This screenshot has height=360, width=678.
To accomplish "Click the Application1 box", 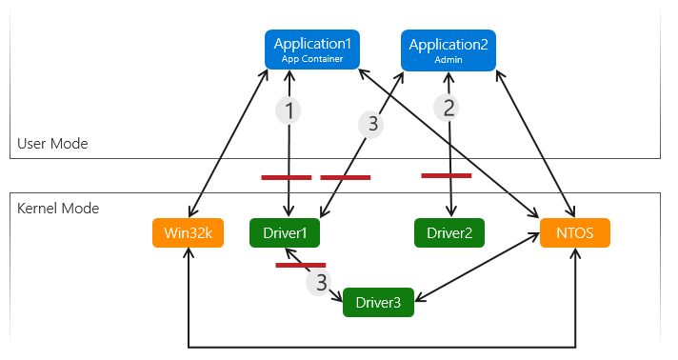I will [312, 50].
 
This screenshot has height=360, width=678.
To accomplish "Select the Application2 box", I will [448, 50].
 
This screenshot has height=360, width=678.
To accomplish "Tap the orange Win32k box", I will [188, 232].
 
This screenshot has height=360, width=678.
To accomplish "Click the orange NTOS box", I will [574, 232].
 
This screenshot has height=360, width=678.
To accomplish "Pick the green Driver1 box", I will [285, 232].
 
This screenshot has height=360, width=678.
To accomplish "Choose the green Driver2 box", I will [449, 232].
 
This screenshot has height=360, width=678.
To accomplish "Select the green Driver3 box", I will [378, 302].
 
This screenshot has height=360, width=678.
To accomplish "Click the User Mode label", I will [52, 144].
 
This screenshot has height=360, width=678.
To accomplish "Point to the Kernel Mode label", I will [58, 207].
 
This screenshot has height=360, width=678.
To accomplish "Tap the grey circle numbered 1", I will [288, 110].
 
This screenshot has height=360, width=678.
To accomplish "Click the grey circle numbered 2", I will [449, 108].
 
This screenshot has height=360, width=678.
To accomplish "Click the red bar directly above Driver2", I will [446, 175].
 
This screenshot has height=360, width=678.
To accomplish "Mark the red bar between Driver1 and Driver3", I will [300, 265].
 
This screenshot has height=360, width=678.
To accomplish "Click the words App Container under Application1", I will [312, 58].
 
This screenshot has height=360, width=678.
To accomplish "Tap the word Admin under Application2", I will [448, 59].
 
